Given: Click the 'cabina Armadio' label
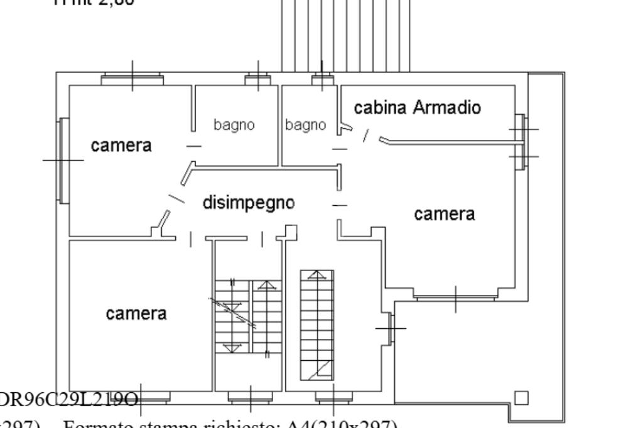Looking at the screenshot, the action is click(x=418, y=108).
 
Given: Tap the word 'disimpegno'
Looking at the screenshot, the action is click(x=248, y=203).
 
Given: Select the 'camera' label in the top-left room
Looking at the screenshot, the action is click(x=121, y=146).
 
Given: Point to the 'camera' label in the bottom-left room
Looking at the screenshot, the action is click(x=136, y=313).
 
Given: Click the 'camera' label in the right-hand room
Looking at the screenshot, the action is click(x=444, y=214).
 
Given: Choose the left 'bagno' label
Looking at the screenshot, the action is click(x=234, y=125).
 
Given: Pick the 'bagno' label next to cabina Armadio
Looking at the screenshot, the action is click(x=306, y=125).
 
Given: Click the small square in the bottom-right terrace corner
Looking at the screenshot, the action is click(x=521, y=398).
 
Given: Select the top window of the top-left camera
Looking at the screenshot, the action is click(x=132, y=79).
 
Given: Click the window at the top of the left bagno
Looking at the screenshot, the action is click(x=257, y=78).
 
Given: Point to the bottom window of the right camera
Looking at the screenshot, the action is click(x=455, y=296).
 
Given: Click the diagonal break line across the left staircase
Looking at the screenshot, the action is click(x=232, y=312).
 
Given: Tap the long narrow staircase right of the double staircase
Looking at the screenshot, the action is click(x=316, y=324).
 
